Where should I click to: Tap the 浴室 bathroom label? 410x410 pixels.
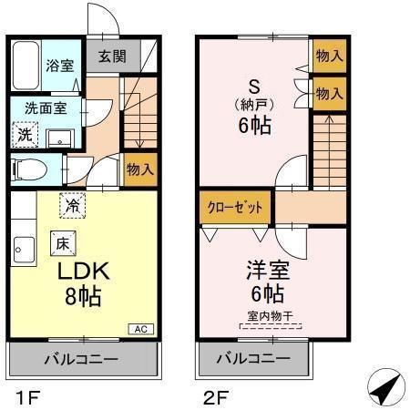coord(60,67)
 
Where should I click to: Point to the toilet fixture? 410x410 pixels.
coord(31,169)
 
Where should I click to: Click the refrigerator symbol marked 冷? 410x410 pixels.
coord(72,205)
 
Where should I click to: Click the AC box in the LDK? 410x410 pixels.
coord(141,329)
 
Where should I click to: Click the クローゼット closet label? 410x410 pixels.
coord(234,208)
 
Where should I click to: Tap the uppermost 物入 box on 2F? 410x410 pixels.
coord(330,56)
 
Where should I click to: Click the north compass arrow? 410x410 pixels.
coord(386,388)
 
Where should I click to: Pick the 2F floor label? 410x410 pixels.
coord(209,396)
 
